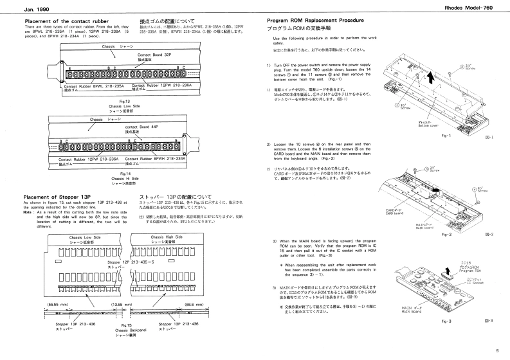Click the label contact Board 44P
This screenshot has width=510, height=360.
coord(141,128)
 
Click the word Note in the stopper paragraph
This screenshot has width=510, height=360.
coord(29,212)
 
